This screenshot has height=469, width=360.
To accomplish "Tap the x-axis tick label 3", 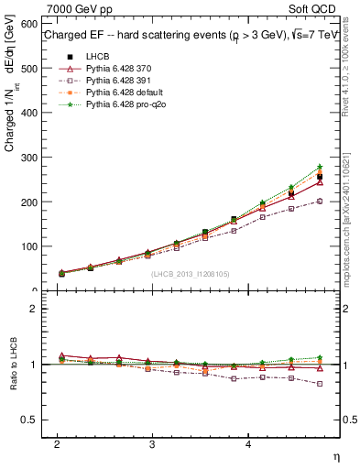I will pyautogui.click(x=152, y=443).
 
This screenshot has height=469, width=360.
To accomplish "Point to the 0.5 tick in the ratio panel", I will pyautogui.click(x=29, y=420).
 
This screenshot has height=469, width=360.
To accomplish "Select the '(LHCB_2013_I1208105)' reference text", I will pyautogui.click(x=191, y=274).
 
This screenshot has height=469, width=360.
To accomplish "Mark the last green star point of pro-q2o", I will pyautogui.click(x=320, y=167).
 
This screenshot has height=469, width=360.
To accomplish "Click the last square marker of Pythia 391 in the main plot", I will pyautogui.click(x=320, y=201).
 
